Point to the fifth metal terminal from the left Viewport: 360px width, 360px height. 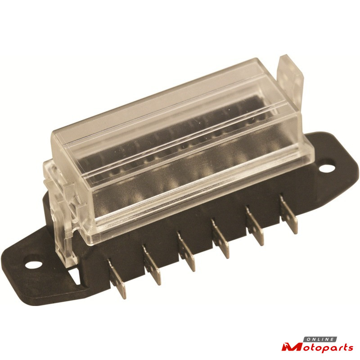coord(255,226)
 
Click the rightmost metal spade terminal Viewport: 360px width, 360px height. coord(288,214)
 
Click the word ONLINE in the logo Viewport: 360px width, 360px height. coord(320,340)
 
